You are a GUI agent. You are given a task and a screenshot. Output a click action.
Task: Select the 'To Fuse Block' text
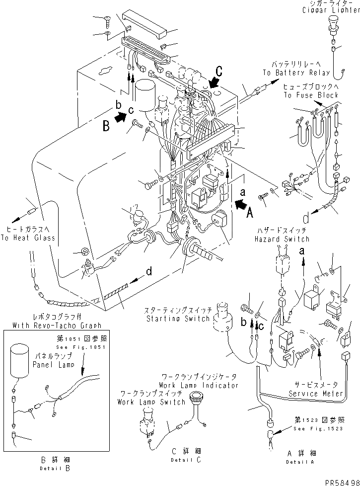(311, 95)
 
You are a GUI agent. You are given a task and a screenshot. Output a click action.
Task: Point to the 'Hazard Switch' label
(282, 239)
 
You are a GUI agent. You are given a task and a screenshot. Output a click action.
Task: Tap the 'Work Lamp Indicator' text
(199, 385)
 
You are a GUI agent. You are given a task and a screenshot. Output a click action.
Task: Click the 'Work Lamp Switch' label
(151, 401)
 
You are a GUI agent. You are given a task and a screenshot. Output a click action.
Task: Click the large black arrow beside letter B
(119, 117)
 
